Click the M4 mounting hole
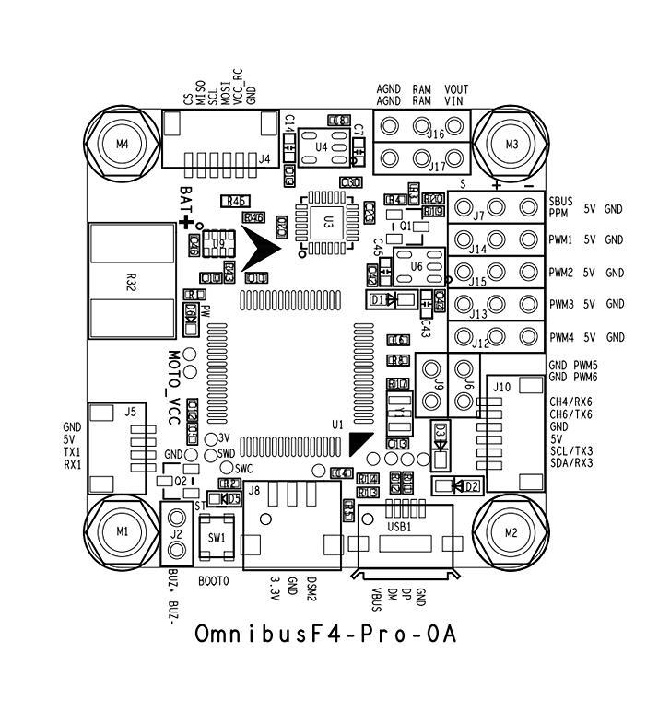[x=123, y=144]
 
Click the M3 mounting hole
[x=512, y=144]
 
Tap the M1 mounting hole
[x=123, y=531]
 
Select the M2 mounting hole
[x=512, y=531]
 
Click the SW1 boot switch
[x=217, y=536]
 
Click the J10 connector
[x=502, y=424]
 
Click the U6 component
[x=416, y=265]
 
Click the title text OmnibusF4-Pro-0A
[x=326, y=635]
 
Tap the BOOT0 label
[x=213, y=582]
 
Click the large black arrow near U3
[x=263, y=247]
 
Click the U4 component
[x=320, y=146]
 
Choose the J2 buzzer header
[x=175, y=537]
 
